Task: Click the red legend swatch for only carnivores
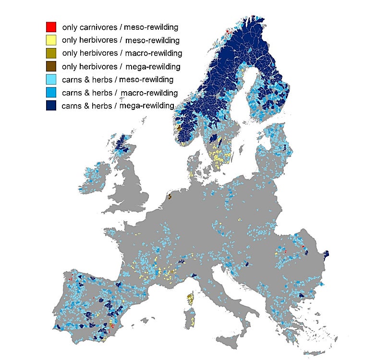click(51, 27)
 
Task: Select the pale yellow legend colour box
click(51, 40)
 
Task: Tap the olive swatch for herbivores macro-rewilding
click(51, 53)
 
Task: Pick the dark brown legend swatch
click(51, 66)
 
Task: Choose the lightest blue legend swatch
click(51, 79)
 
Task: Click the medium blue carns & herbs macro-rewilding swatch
click(51, 92)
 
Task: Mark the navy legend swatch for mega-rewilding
click(51, 106)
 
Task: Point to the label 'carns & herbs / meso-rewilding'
click(118, 79)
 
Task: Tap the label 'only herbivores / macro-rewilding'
click(122, 53)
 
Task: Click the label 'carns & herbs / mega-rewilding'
click(118, 106)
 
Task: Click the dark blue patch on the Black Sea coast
click(327, 254)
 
